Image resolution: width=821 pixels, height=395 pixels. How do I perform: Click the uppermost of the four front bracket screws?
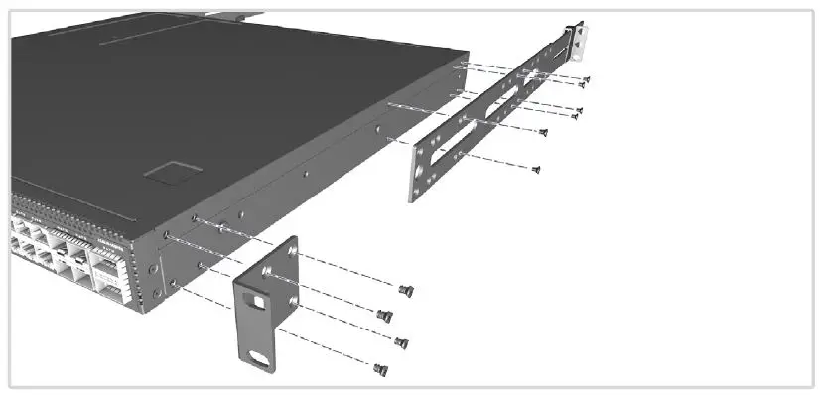point(404,290)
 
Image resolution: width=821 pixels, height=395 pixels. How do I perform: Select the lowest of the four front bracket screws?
point(379,369)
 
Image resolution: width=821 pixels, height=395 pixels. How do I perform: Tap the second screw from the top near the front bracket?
point(386,315)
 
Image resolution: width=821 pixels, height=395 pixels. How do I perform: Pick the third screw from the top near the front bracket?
point(402,343)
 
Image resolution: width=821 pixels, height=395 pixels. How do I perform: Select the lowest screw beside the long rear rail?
point(536,169)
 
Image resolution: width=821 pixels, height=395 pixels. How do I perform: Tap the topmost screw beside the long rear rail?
point(586,79)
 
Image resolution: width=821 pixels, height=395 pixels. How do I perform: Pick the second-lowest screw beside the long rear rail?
point(543,132)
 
